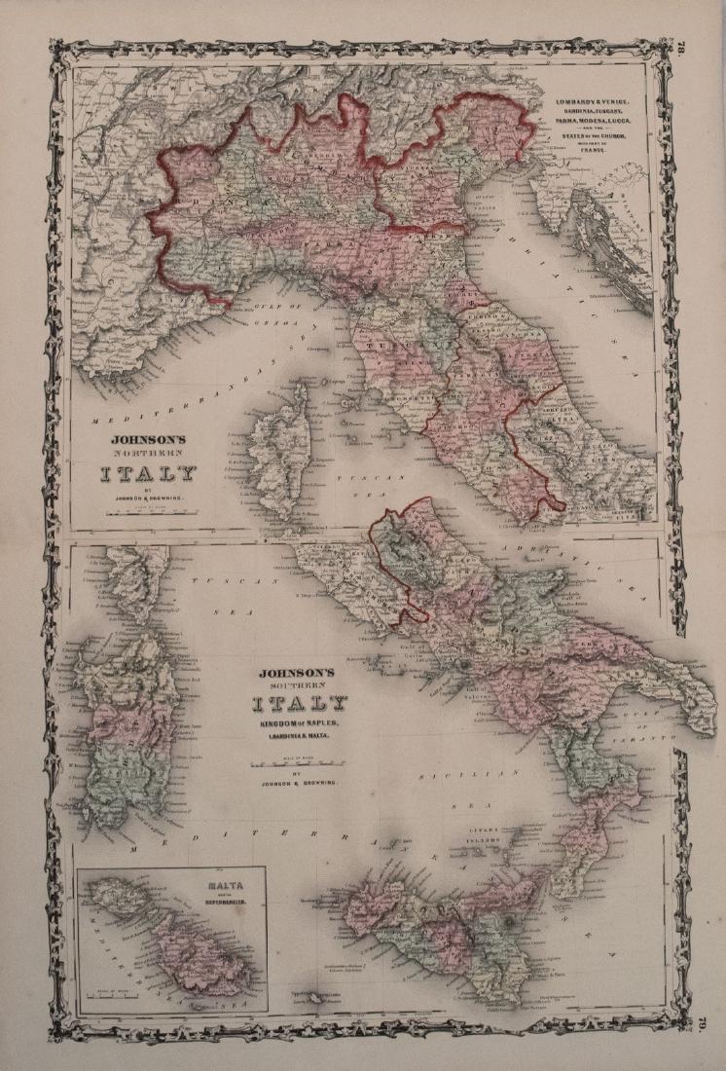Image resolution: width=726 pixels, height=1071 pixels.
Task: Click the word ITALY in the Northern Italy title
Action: click(146, 474)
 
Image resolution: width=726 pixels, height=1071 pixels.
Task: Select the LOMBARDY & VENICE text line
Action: click(593, 102)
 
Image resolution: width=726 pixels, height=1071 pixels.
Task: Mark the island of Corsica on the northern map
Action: click(278, 447)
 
